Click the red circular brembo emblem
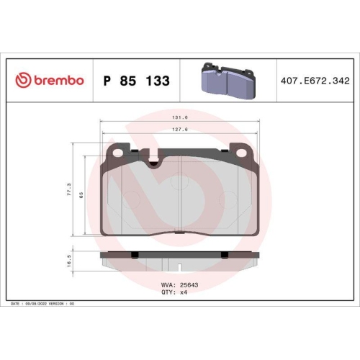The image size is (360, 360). point(21,80)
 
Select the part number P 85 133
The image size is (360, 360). point(137,81)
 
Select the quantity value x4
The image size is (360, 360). point(184,292)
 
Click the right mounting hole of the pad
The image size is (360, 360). point(238,152)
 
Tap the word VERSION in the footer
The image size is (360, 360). point(57,305)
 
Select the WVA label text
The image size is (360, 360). point(166,286)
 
